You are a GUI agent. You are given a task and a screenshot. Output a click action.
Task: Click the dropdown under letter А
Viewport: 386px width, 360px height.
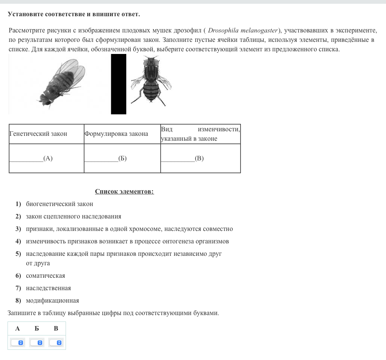pyautogui.click(x=17, y=343)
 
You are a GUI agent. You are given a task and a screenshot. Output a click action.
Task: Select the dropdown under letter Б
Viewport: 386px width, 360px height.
pyautogui.click(x=37, y=343)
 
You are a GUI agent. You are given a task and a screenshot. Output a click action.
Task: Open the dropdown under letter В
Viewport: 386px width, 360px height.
pyautogui.click(x=56, y=343)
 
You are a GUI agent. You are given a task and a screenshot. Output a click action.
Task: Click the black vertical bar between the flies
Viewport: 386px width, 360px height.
pyautogui.click(x=118, y=84)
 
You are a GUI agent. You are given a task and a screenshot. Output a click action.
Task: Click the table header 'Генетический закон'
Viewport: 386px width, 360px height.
pyautogui.click(x=38, y=134)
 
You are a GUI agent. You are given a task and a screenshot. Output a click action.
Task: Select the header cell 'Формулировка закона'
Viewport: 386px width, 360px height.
pyautogui.click(x=116, y=134)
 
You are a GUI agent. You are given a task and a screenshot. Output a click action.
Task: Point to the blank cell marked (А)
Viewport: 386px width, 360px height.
pyautogui.click(x=46, y=158)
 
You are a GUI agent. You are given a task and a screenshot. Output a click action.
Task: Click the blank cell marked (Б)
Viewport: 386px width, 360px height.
pyautogui.click(x=122, y=158)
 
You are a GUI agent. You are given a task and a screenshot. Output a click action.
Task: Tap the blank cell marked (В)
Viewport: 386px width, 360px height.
pyautogui.click(x=200, y=158)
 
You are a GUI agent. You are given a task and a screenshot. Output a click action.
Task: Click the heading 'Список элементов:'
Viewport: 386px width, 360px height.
pyautogui.click(x=124, y=192)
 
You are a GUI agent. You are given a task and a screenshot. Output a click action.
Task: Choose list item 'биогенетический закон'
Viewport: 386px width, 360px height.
pyautogui.click(x=59, y=204)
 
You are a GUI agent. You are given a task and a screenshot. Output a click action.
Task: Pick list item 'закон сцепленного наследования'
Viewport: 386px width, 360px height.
pyautogui.click(x=74, y=217)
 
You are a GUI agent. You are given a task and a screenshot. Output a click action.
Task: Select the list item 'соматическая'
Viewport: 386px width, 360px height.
pyautogui.click(x=45, y=276)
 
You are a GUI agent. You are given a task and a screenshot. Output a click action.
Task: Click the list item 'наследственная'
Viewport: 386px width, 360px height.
pyautogui.click(x=48, y=288)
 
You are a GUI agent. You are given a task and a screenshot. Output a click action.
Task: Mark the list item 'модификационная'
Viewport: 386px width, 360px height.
pyautogui.click(x=52, y=301)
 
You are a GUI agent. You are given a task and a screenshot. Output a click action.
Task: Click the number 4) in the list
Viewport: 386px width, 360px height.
pyautogui.click(x=18, y=242)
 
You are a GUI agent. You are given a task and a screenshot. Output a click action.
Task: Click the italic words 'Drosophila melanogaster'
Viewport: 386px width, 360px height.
pyautogui.click(x=243, y=31)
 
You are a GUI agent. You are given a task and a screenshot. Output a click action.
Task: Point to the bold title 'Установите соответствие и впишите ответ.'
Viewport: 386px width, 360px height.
pyautogui.click(x=74, y=14)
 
